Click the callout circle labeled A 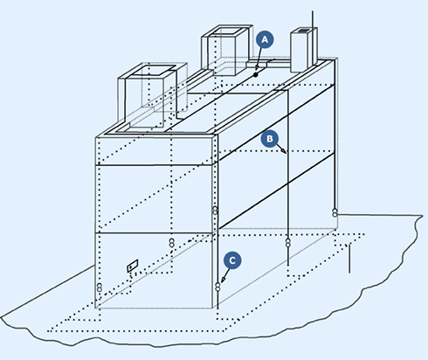265,39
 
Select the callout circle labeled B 270,139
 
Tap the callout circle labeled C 232,260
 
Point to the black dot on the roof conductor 256,75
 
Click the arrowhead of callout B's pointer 284,151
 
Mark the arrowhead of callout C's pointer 223,280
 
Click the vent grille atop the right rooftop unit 304,30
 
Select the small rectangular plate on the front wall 133,266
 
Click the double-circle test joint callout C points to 217,287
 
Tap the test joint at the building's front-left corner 100,287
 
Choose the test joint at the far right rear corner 335,212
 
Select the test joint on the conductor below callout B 288,243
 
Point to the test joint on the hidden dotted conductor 172,243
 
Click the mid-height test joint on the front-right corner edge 215,211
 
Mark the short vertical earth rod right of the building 349,259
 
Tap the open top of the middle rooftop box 230,31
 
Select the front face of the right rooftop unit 300,52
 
